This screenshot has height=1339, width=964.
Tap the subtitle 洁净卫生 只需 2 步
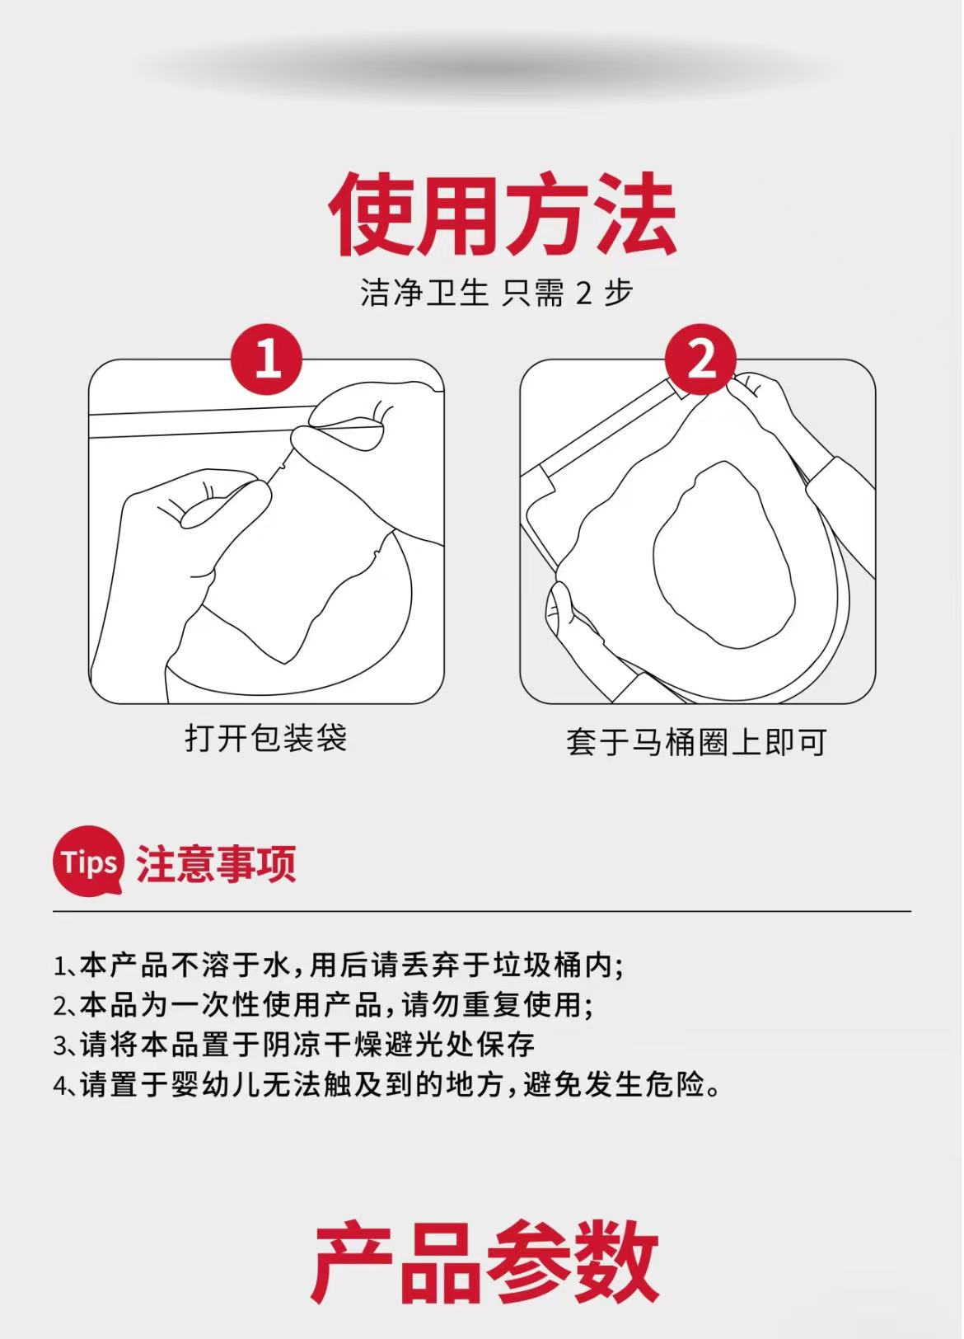click(x=496, y=293)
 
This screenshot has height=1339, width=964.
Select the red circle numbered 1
click(x=266, y=359)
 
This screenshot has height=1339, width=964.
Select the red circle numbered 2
click(x=700, y=359)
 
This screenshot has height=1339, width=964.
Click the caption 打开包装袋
click(x=266, y=738)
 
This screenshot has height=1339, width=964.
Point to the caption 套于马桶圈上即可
click(x=696, y=742)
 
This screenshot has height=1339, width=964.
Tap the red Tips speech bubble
click(x=88, y=862)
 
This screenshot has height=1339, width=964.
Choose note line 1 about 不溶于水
click(x=339, y=965)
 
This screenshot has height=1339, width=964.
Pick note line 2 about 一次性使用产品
click(x=323, y=1005)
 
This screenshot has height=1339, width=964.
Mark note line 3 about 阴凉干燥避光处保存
click(x=294, y=1045)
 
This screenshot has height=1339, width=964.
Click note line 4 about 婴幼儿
click(x=386, y=1083)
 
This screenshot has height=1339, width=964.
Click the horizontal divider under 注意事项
click(x=482, y=912)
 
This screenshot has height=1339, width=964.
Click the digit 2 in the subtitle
click(x=583, y=294)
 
